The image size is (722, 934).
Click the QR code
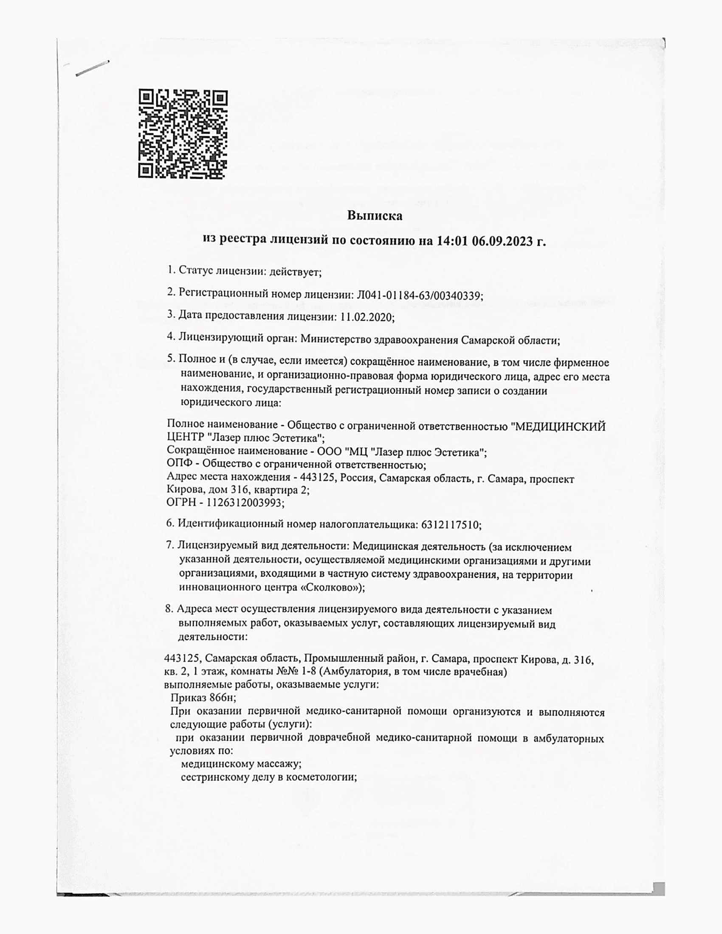[x=183, y=134]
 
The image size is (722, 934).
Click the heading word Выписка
[x=374, y=216]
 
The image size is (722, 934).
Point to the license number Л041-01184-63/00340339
[x=420, y=295]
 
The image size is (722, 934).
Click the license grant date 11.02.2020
[x=367, y=317]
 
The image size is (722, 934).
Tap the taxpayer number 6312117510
[x=450, y=525]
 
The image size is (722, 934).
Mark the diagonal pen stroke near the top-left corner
[x=92, y=69]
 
